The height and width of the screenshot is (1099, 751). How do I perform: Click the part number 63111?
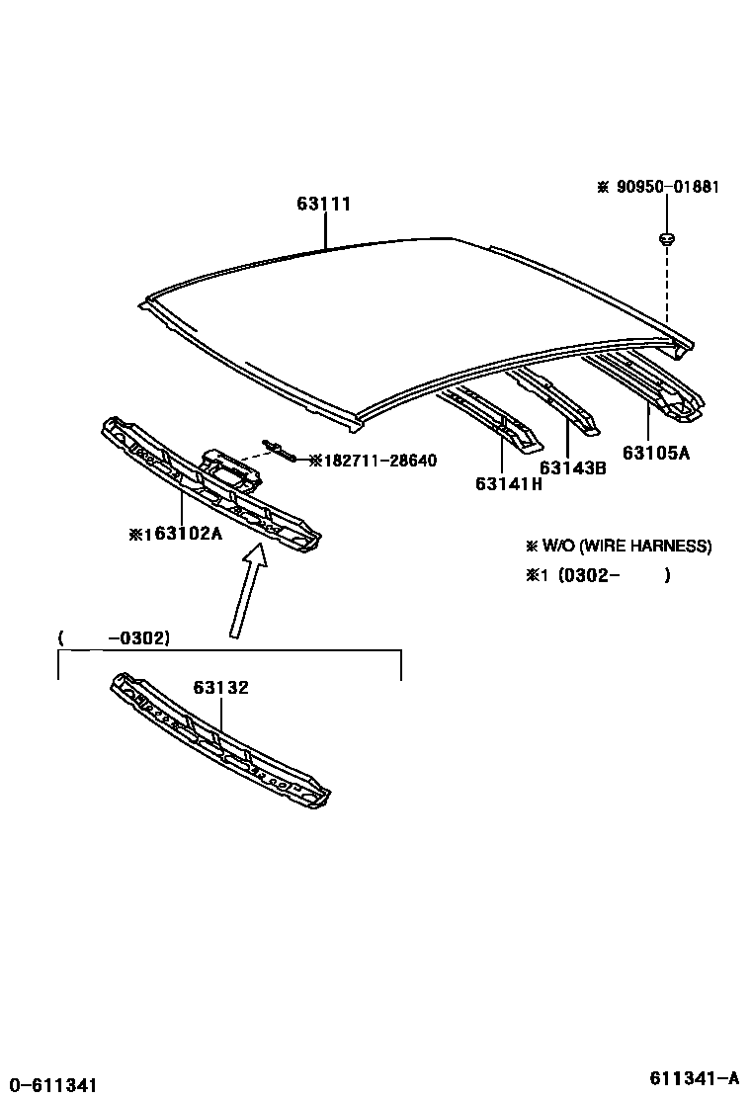coord(323,205)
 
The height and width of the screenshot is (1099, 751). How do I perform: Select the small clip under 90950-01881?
coord(666,237)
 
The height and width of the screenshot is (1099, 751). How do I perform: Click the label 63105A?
coord(655,453)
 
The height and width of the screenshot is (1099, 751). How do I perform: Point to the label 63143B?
coord(572,467)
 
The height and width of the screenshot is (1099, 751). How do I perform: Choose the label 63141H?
coord(508,484)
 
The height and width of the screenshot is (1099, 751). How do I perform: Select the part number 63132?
coord(220,689)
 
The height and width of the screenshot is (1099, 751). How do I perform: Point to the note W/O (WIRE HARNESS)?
coord(626,546)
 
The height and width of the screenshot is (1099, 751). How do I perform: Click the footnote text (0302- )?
coord(613,575)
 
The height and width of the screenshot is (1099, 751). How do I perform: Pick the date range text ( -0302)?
coord(115,638)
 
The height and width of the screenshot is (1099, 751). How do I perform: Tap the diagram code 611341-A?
coord(694,1077)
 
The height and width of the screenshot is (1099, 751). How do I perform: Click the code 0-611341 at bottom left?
coord(49,1085)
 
